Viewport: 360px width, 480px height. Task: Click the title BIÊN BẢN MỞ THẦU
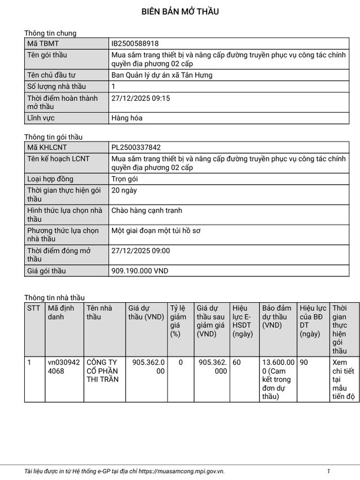pyautogui.click(x=180, y=11)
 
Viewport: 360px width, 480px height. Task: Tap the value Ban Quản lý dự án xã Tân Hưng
pyautogui.click(x=162, y=75)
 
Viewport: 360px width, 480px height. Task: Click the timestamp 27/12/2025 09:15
pyautogui.click(x=141, y=98)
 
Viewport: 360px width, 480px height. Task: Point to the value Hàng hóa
pyautogui.click(x=127, y=118)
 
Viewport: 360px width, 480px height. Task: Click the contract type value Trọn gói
pyautogui.click(x=124, y=179)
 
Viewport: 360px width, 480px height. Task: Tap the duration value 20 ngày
pyautogui.click(x=124, y=190)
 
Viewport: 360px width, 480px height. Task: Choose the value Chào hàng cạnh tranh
pyautogui.click(x=147, y=210)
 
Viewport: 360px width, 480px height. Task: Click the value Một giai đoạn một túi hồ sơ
pyautogui.click(x=156, y=231)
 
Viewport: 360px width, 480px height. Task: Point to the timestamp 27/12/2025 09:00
pyautogui.click(x=141, y=251)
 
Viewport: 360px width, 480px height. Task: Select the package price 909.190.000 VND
pyautogui.click(x=140, y=271)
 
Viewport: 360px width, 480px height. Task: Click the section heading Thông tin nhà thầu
pyautogui.click(x=55, y=298)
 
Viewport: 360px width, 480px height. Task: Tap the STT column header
pyautogui.click(x=34, y=308)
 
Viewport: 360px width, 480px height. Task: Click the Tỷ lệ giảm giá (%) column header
pyautogui.click(x=178, y=321)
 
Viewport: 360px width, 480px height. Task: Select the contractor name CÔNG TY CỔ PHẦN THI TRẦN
pyautogui.click(x=102, y=371)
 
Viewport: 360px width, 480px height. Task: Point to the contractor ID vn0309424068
pyautogui.click(x=64, y=367)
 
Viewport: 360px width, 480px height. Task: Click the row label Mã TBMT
pyautogui.click(x=43, y=43)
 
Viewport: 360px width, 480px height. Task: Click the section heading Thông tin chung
pyautogui.click(x=50, y=33)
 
